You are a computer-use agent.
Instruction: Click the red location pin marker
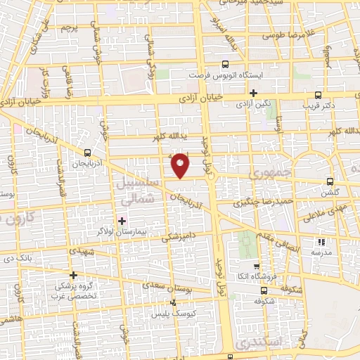(x=181, y=165)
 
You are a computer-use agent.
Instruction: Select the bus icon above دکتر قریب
(x=319, y=95)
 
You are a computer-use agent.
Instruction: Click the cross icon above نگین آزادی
(x=254, y=93)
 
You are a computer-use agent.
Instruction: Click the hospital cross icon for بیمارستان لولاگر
(x=122, y=221)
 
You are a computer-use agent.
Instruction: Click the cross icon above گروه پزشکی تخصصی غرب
(x=73, y=275)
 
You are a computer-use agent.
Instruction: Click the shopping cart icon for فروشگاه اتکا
(x=263, y=264)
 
